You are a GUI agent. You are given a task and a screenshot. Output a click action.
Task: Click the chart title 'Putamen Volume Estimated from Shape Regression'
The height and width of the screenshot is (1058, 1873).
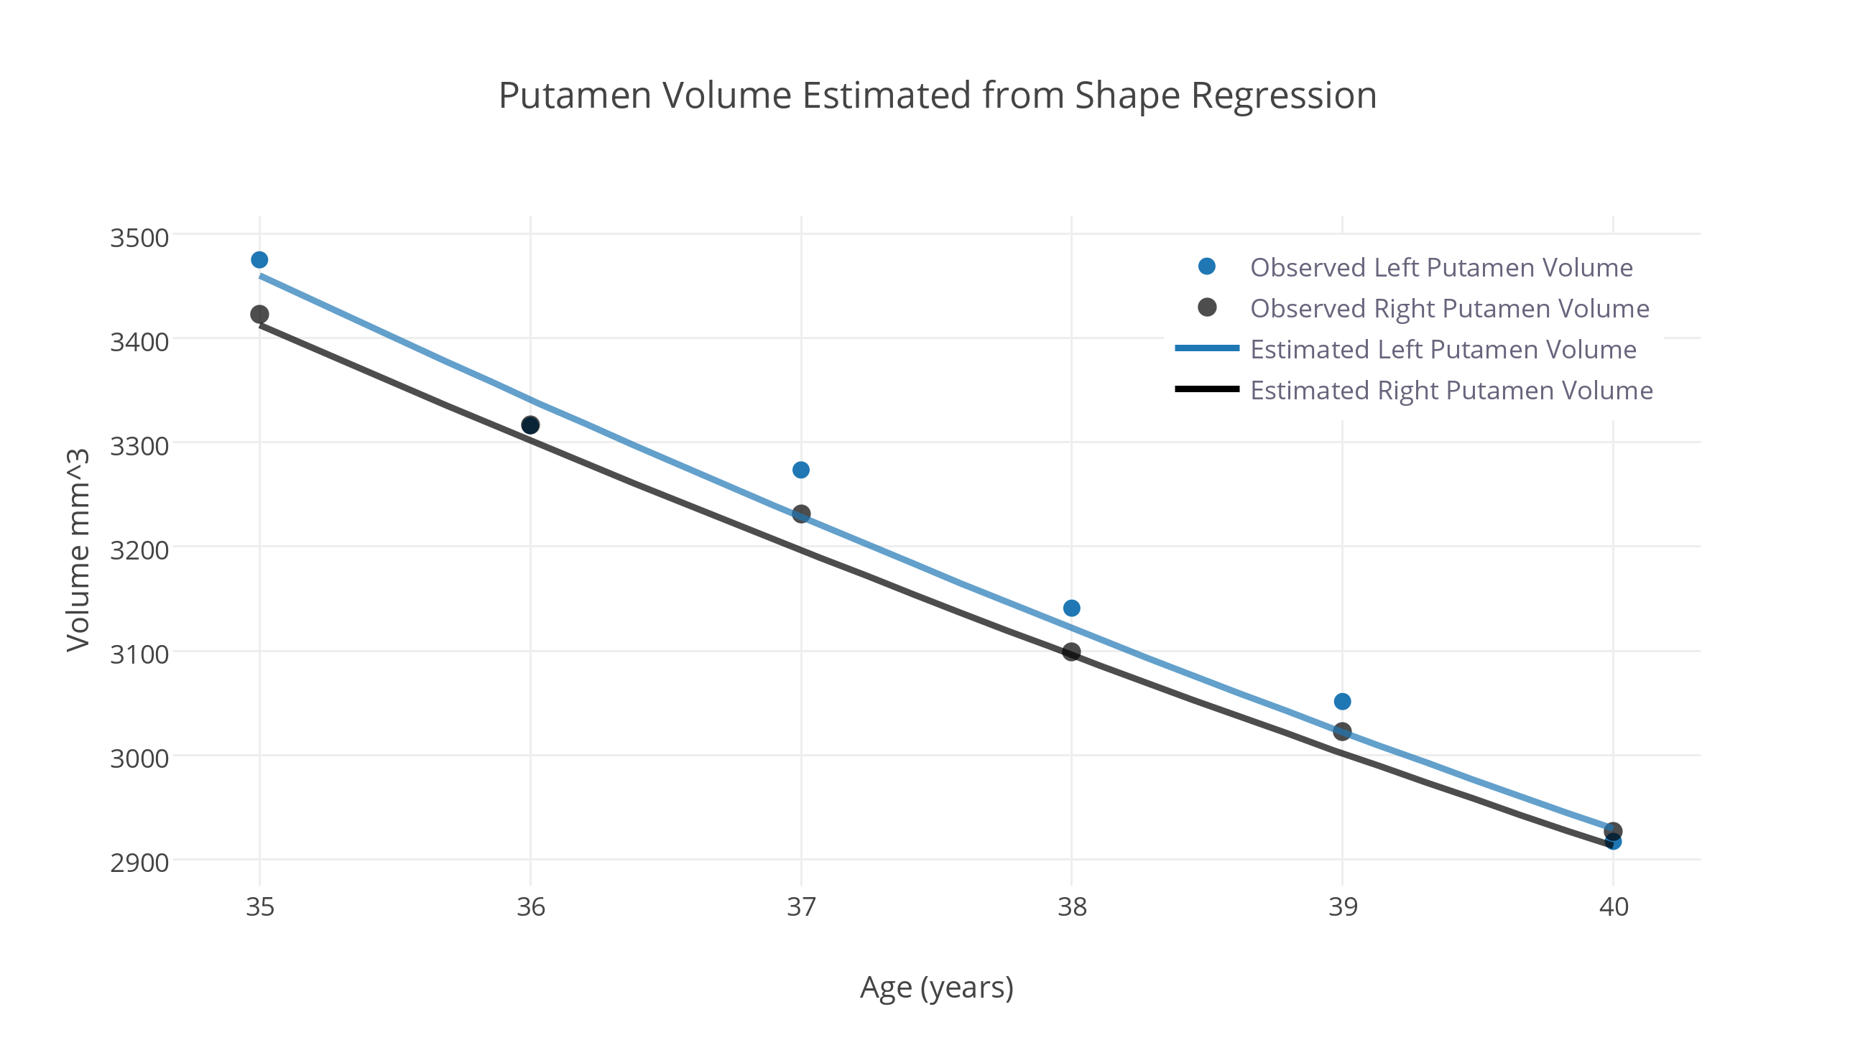[938, 96]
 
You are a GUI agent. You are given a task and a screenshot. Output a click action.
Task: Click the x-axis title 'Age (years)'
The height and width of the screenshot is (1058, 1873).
[937, 988]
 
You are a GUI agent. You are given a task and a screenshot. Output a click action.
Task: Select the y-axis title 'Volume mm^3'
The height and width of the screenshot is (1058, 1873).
[78, 549]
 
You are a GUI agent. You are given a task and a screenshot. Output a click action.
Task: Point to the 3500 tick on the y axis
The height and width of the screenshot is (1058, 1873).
[139, 238]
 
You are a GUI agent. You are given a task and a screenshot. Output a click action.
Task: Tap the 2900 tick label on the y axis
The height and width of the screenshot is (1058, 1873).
[139, 863]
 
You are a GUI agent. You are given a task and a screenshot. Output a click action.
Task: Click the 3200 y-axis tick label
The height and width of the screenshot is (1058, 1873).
[139, 549]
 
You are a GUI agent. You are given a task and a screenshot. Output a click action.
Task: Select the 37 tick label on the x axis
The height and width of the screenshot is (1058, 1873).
[801, 906]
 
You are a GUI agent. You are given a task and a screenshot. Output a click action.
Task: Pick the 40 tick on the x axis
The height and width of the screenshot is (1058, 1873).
[1614, 906]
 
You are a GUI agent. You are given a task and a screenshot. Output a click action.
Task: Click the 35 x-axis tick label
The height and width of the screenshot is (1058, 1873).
[259, 906]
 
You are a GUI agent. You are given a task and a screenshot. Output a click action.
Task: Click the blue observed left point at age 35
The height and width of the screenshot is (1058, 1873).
[259, 259]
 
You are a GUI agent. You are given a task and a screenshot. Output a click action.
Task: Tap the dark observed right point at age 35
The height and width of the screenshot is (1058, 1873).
[259, 314]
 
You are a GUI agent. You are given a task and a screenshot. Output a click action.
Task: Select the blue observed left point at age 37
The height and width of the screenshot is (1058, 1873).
[800, 470]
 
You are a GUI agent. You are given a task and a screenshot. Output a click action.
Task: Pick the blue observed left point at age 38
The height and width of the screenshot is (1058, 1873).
[1072, 608]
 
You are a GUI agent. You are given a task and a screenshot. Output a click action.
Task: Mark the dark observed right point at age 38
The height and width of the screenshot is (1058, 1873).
[1072, 652]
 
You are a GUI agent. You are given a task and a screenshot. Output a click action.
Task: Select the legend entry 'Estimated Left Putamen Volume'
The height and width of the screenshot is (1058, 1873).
[1443, 350]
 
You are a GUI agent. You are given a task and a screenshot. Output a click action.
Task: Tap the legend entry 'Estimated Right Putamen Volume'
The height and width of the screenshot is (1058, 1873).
[1451, 391]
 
